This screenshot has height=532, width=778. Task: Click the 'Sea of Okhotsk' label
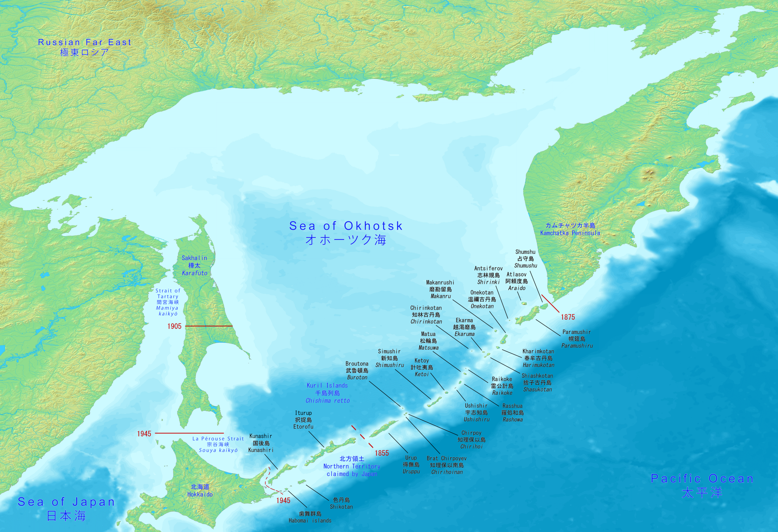click(x=346, y=226)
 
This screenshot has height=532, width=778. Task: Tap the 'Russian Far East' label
click(x=84, y=43)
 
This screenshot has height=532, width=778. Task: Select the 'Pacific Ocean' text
click(x=702, y=479)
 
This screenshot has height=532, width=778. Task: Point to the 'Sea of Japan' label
click(x=66, y=502)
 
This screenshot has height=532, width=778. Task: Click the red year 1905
click(x=174, y=326)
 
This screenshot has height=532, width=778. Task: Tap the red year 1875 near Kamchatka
click(x=568, y=317)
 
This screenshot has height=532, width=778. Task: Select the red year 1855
click(x=382, y=453)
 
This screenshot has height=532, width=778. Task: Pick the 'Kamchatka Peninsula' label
click(x=570, y=233)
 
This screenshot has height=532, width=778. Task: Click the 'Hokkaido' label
click(x=200, y=494)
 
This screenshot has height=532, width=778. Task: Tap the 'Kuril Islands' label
click(x=327, y=386)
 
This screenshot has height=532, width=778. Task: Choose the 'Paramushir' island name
click(x=577, y=332)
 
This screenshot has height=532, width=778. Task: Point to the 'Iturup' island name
click(x=303, y=413)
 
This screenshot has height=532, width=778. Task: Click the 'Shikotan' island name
click(x=341, y=506)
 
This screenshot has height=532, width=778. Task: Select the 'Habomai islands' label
click(x=310, y=521)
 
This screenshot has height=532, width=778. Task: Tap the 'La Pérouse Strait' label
click(x=218, y=439)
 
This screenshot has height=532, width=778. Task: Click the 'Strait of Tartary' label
click(x=168, y=293)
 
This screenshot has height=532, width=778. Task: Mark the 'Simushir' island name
click(x=389, y=351)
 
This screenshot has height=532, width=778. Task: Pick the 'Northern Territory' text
click(x=352, y=466)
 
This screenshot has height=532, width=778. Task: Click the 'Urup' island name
click(x=411, y=458)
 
